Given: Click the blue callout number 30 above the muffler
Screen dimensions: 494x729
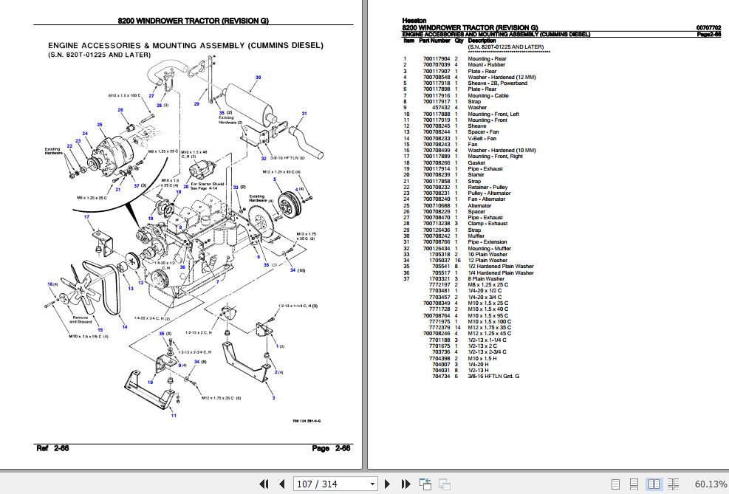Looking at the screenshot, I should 258,78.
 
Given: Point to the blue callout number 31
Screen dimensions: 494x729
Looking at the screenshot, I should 304,113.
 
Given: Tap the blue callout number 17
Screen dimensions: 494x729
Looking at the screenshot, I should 86,216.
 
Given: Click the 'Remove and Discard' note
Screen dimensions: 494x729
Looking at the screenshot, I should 79,320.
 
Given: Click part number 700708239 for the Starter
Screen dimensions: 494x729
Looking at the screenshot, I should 437,175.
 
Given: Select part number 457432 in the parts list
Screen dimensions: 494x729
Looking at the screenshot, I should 440,108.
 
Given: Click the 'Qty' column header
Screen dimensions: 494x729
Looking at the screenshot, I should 458,41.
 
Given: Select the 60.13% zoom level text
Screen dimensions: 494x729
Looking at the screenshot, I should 711,484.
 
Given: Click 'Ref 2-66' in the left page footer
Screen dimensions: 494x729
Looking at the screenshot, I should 52,448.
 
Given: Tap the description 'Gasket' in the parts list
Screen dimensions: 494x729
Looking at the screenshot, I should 476,162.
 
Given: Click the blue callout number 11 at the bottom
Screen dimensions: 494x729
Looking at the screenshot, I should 174,416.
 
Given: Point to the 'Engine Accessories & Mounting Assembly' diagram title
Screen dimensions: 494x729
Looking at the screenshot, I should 185,45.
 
